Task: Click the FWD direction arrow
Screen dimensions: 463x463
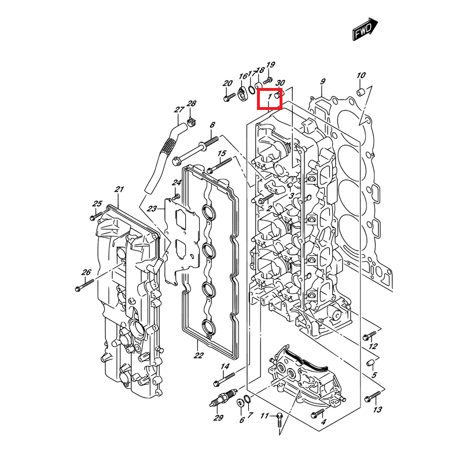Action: pyautogui.click(x=365, y=30)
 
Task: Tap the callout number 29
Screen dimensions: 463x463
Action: pyautogui.click(x=218, y=418)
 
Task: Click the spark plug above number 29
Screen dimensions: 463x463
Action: pyautogui.click(x=222, y=399)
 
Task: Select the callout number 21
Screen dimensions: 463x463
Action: pyautogui.click(x=119, y=189)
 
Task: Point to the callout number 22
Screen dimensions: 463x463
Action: pyautogui.click(x=199, y=355)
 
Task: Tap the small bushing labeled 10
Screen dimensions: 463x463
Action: pyautogui.click(x=360, y=93)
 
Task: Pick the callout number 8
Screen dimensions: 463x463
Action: pyautogui.click(x=212, y=124)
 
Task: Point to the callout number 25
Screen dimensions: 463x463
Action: pyautogui.click(x=97, y=203)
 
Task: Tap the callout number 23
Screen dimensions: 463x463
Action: pyautogui.click(x=152, y=208)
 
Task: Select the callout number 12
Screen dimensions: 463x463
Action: pyautogui.click(x=373, y=346)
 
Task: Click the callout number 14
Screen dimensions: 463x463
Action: pyautogui.click(x=225, y=367)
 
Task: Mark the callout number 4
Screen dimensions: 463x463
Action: pyautogui.click(x=323, y=422)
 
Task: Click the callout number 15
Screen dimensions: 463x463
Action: pyautogui.click(x=221, y=153)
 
